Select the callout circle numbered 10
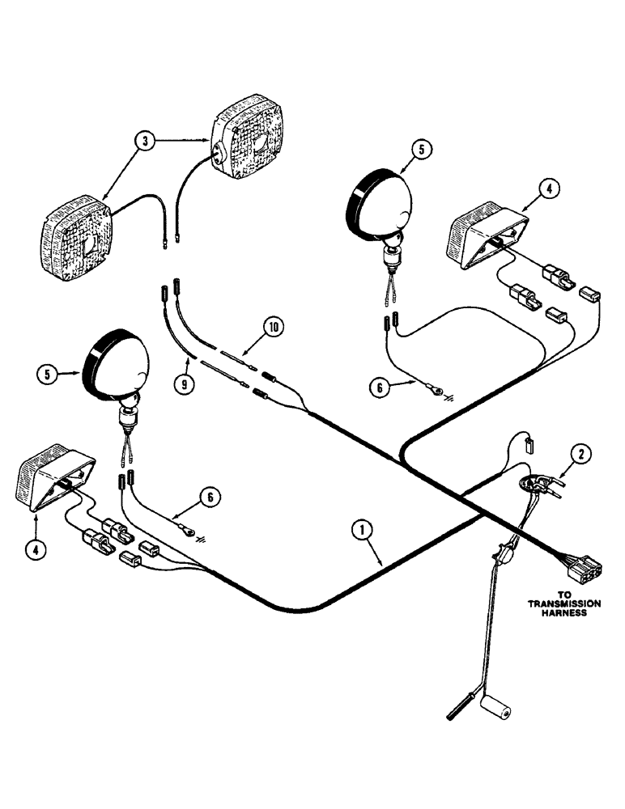point(274,328)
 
